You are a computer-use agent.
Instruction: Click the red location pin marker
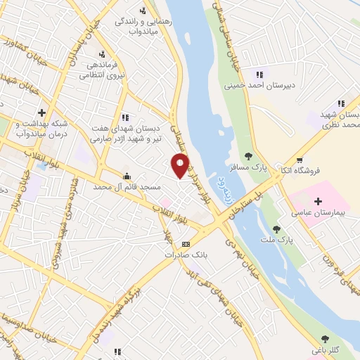click(181, 166)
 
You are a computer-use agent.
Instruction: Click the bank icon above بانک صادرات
click(186, 244)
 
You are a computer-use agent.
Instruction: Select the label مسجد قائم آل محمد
click(127, 188)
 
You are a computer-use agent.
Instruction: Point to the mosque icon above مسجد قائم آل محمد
click(127, 176)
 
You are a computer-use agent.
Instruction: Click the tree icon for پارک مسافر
click(247, 156)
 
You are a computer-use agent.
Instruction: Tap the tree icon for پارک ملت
click(276, 229)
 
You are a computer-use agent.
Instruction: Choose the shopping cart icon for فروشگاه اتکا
click(300, 160)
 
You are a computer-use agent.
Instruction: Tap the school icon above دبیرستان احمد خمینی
click(259, 75)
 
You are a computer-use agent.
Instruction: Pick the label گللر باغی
click(326, 349)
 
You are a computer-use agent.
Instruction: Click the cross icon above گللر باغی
click(317, 339)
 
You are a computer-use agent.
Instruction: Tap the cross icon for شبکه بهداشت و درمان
click(41, 112)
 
